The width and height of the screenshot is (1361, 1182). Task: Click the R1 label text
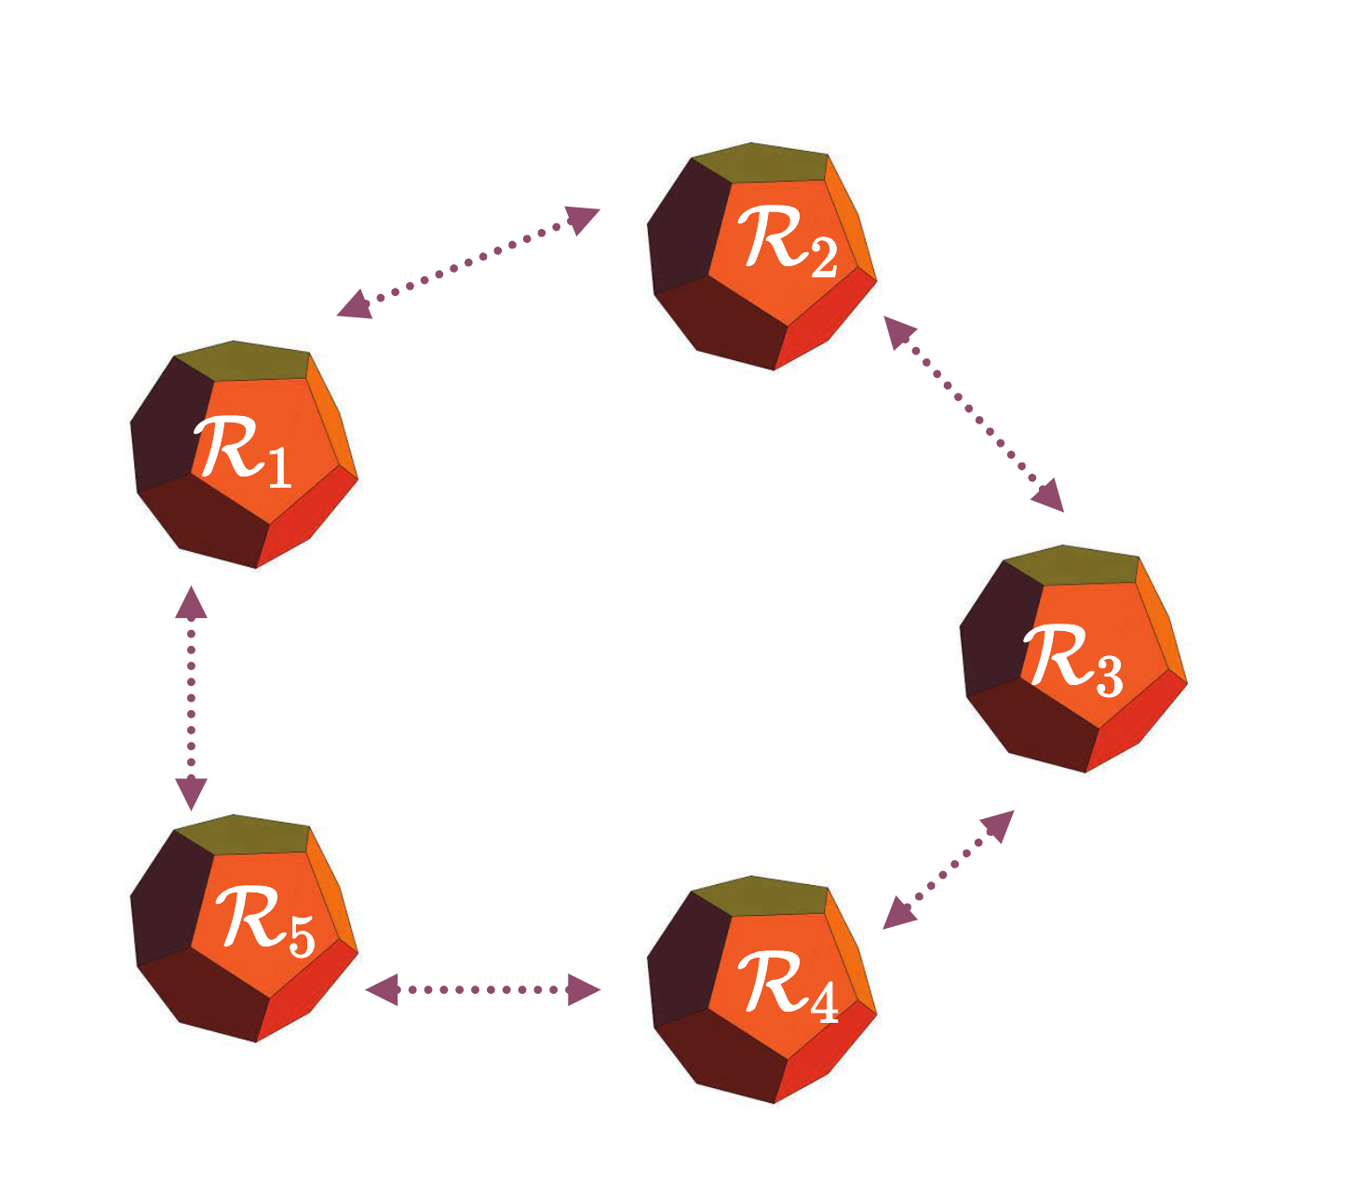tap(242, 452)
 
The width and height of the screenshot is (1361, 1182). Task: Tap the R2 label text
tap(787, 241)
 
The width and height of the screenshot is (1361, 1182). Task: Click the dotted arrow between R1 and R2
tap(467, 262)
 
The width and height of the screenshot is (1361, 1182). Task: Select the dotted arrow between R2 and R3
tap(973, 413)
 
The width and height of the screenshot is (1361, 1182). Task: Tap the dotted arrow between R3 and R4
tap(948, 869)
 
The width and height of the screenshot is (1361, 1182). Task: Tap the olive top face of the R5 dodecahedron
tap(242, 834)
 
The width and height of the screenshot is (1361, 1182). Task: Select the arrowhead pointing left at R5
tap(382, 989)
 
